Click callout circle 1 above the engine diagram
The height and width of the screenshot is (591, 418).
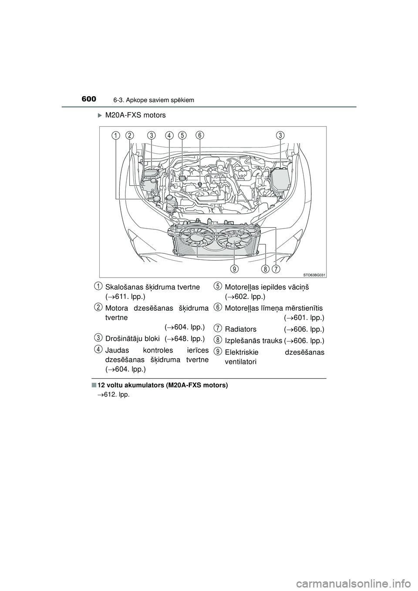115,136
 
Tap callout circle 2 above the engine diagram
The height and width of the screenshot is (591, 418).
130,135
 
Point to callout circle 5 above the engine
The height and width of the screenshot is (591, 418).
182,135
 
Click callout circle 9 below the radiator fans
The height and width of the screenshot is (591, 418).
234,269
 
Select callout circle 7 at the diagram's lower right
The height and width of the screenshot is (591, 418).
276,269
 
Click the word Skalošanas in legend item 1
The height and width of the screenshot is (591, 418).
123,287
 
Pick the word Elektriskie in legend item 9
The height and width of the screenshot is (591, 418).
242,352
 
